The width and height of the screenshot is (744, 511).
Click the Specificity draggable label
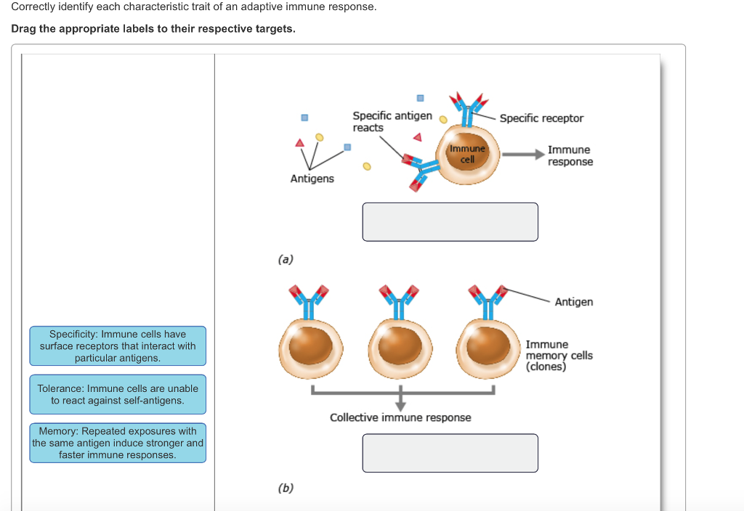pos(118,346)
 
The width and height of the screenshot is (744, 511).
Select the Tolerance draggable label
pos(118,394)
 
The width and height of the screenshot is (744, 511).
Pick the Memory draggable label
pos(118,443)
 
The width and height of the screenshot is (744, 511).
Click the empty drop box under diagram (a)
pos(450,222)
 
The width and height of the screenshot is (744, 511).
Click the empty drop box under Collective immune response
pos(450,453)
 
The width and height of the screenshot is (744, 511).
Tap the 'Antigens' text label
pos(312,179)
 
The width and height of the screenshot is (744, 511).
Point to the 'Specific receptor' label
pos(541,118)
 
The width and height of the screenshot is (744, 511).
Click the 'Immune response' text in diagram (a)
pos(570,155)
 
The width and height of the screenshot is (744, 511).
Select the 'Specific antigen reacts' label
pos(392,121)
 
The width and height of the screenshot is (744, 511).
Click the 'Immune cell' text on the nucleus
pos(467,154)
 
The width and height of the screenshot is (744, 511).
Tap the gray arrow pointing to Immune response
pos(523,155)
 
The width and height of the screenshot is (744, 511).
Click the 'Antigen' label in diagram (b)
pos(573,302)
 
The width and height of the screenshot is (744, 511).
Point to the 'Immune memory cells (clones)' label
pos(559,356)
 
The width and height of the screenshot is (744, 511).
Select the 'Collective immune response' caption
pos(400,417)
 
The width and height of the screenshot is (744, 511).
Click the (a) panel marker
pos(286,259)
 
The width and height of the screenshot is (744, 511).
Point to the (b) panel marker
pos(286,488)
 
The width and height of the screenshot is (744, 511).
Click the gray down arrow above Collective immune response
pos(400,401)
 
